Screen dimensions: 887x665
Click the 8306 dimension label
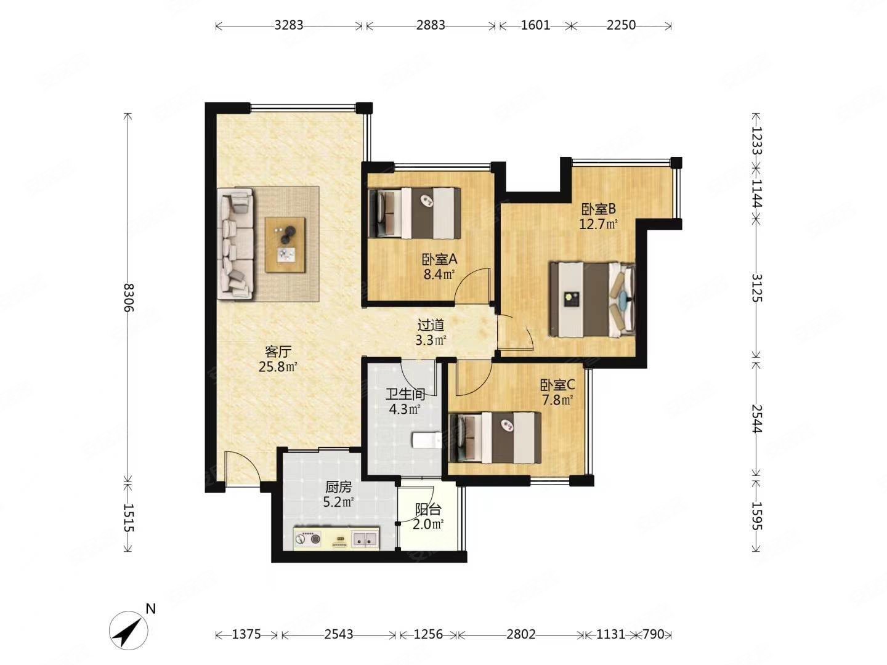click(x=128, y=297)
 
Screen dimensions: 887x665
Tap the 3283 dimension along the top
click(x=288, y=25)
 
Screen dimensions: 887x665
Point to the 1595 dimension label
click(x=756, y=515)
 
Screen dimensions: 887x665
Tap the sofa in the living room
click(x=235, y=244)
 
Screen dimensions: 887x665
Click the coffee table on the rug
click(x=285, y=244)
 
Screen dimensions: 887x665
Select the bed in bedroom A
click(x=415, y=213)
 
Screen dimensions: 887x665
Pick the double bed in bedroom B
click(x=591, y=299)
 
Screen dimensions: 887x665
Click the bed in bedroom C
click(x=495, y=438)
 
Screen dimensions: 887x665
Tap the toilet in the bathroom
click(x=427, y=440)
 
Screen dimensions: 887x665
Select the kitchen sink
click(x=365, y=539)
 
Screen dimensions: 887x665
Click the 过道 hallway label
click(x=431, y=324)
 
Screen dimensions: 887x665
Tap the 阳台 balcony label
click(x=428, y=510)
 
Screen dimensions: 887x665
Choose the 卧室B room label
click(x=598, y=209)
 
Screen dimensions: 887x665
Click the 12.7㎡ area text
click(x=598, y=224)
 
